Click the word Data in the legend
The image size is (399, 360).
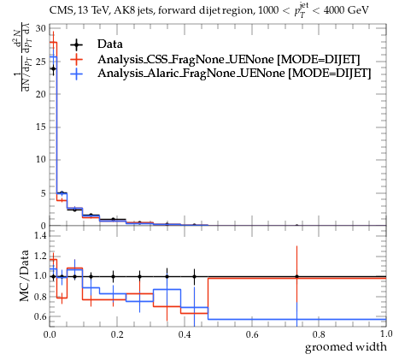click(110, 44)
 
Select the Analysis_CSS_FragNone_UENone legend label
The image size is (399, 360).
click(185, 59)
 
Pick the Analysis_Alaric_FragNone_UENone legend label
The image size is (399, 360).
click(191, 74)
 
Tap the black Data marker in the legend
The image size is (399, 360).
click(76, 44)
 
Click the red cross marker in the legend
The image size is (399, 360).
click(76, 59)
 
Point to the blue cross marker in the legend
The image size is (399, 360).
click(76, 74)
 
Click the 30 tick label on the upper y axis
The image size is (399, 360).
click(41, 28)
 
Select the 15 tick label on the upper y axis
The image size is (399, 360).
click(41, 127)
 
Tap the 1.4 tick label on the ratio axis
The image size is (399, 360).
click(40, 235)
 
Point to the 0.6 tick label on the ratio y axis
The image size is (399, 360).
click(40, 316)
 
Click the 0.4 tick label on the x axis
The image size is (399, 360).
click(185, 334)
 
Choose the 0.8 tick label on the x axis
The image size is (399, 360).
click(319, 334)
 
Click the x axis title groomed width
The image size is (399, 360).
click(346, 347)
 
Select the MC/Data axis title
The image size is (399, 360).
click(25, 275)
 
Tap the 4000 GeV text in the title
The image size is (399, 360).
click(346, 10)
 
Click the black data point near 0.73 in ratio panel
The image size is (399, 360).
click(296, 276)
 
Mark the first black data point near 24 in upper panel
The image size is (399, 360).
click(53, 68)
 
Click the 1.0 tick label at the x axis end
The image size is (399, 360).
click(386, 334)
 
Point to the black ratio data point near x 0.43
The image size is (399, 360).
click(194, 276)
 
